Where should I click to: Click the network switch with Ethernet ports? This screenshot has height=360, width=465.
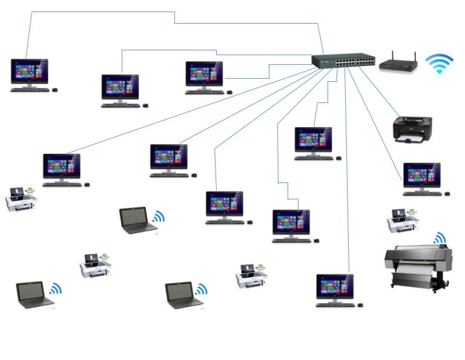(x=343, y=61)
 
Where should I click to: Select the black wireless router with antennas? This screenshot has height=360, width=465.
(x=398, y=64)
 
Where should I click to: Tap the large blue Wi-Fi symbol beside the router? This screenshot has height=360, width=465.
(x=440, y=64)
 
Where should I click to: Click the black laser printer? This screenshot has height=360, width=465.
(x=412, y=129)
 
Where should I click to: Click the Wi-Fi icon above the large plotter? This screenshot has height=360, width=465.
(x=439, y=238)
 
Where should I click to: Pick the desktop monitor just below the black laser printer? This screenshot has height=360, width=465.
(x=422, y=175)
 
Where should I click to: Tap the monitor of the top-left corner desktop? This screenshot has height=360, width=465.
(x=29, y=72)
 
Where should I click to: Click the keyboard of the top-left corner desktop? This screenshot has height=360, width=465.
(x=30, y=90)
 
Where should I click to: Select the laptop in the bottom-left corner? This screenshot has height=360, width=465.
(x=35, y=295)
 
